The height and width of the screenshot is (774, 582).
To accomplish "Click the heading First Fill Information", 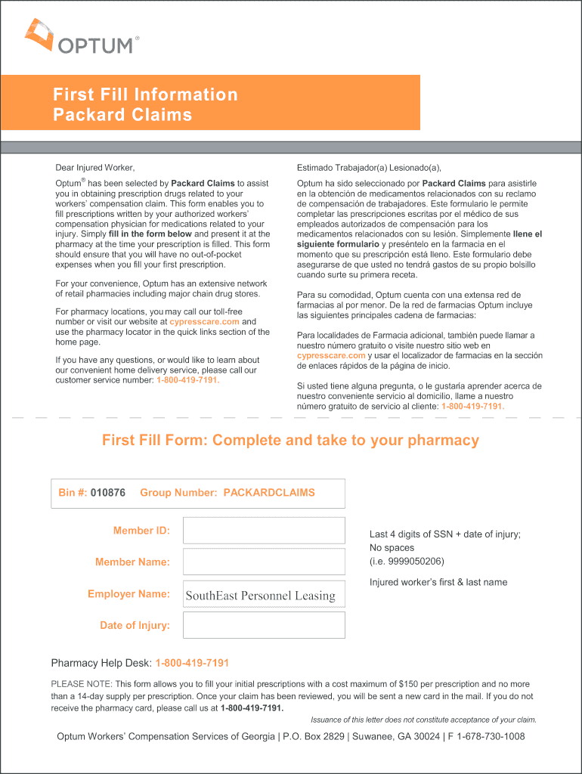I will point(145,94).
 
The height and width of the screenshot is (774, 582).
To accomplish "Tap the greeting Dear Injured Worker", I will point(94,167).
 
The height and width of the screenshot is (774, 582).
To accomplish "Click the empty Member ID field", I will point(264,531).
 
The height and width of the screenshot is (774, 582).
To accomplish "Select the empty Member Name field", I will point(264,562).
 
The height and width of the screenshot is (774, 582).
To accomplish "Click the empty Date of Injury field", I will point(264,625).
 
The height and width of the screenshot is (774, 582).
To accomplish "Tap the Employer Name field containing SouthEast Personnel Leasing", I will point(264,594).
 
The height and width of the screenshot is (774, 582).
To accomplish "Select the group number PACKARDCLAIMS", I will point(269,493).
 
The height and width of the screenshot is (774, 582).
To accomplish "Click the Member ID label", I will point(141,531).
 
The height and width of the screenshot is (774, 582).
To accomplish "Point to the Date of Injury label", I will point(135,625).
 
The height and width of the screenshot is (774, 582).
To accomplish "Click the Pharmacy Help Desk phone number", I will point(192,663).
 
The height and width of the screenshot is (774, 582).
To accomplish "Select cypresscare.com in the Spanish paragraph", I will point(331,355).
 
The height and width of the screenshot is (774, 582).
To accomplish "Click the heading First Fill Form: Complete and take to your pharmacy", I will point(290,441).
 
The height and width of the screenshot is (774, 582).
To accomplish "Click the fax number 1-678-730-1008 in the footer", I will point(485,736).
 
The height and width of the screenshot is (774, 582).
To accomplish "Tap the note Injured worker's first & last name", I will point(438,582).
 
